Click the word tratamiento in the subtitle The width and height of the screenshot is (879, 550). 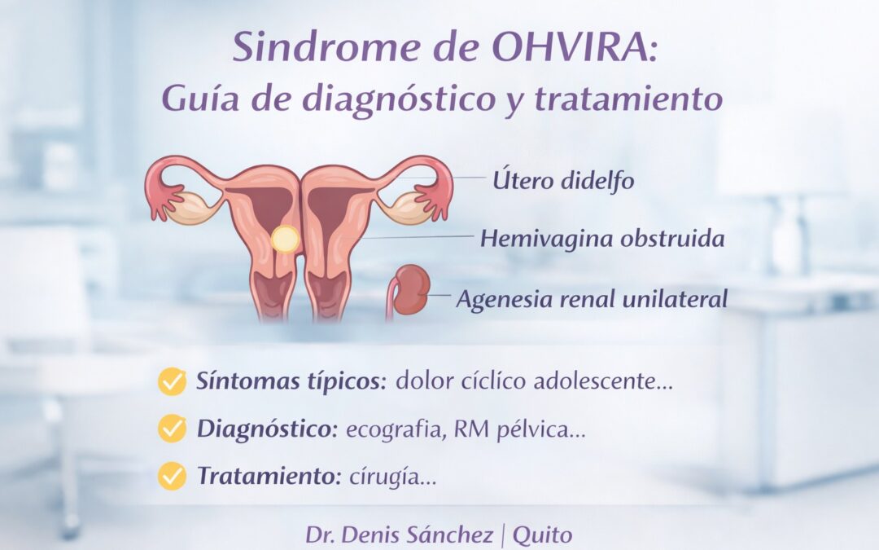point(632,99)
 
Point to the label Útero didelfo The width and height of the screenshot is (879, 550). point(563,180)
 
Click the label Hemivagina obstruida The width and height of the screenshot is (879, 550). point(602,239)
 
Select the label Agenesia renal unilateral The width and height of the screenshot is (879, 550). point(592,299)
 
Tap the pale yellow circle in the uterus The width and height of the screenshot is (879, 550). point(285,239)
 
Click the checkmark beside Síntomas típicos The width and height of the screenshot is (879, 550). point(172,381)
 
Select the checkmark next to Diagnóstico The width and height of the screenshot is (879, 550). point(172,429)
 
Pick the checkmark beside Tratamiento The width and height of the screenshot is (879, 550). point(172,476)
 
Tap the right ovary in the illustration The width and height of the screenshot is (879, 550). point(401,209)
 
